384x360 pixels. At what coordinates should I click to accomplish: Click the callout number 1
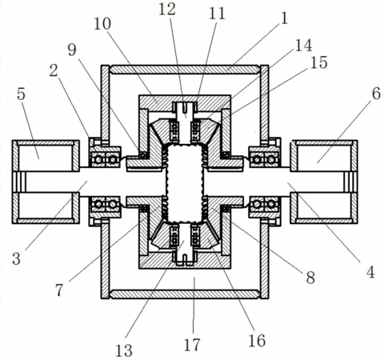(x=284, y=18)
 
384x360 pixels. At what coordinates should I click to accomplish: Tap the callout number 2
(x=54, y=71)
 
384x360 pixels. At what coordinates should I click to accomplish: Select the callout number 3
(x=16, y=258)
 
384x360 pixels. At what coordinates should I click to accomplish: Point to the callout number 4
(x=370, y=272)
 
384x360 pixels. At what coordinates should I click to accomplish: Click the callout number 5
(x=21, y=94)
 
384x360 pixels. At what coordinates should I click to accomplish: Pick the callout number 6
(x=376, y=94)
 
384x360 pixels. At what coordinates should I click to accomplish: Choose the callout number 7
(x=59, y=290)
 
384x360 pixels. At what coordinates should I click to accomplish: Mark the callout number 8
(x=310, y=278)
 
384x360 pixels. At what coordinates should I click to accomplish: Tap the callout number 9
(x=72, y=50)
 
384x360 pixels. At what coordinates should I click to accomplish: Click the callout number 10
(x=102, y=24)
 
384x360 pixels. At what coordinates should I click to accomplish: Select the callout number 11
(x=217, y=14)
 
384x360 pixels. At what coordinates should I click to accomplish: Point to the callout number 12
(x=167, y=10)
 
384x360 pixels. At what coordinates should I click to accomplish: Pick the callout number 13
(x=124, y=350)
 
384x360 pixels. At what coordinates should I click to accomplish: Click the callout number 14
(x=303, y=46)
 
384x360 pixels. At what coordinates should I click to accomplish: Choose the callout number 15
(x=318, y=62)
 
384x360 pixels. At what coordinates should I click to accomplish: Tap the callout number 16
(x=257, y=341)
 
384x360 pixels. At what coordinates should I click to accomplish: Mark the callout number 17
(x=192, y=345)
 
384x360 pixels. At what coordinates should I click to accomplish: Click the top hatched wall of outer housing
(x=185, y=70)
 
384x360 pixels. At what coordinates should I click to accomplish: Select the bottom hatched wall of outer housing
(x=185, y=294)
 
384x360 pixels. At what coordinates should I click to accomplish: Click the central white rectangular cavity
(x=185, y=183)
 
